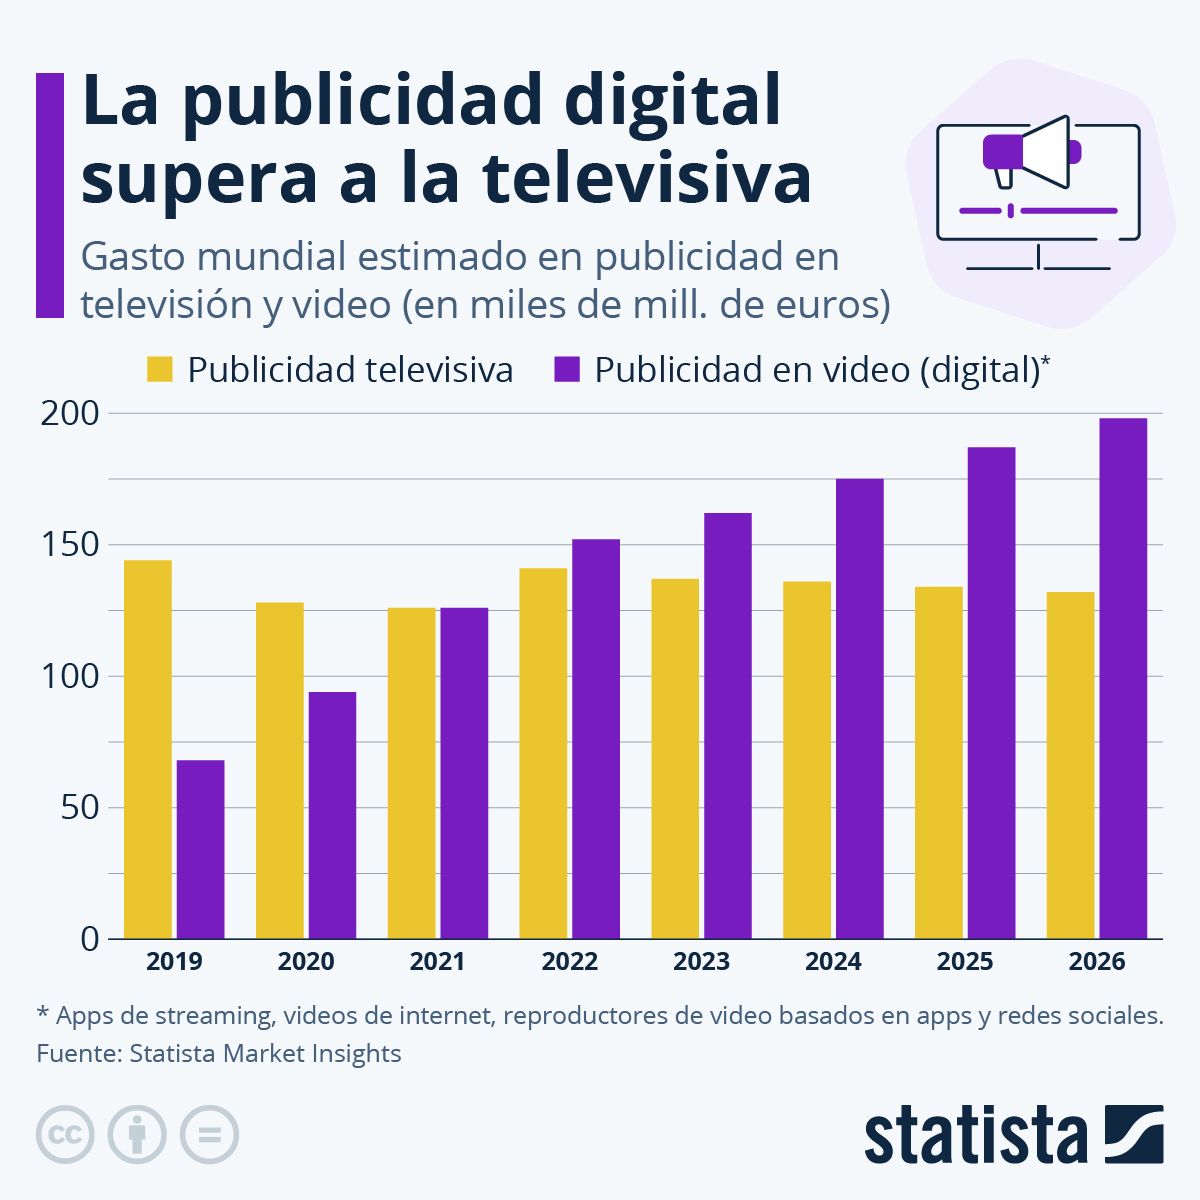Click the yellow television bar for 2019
(148, 749)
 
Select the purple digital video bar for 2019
(200, 849)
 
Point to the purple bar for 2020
(332, 815)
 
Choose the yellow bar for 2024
(807, 760)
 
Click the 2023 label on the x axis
(701, 962)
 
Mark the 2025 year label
(965, 962)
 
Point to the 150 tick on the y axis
(69, 545)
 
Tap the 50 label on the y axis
(80, 808)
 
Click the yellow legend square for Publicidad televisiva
(160, 370)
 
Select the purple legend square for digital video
(567, 370)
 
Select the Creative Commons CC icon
(65, 1135)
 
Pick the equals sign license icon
(209, 1135)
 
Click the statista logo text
(975, 1135)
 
